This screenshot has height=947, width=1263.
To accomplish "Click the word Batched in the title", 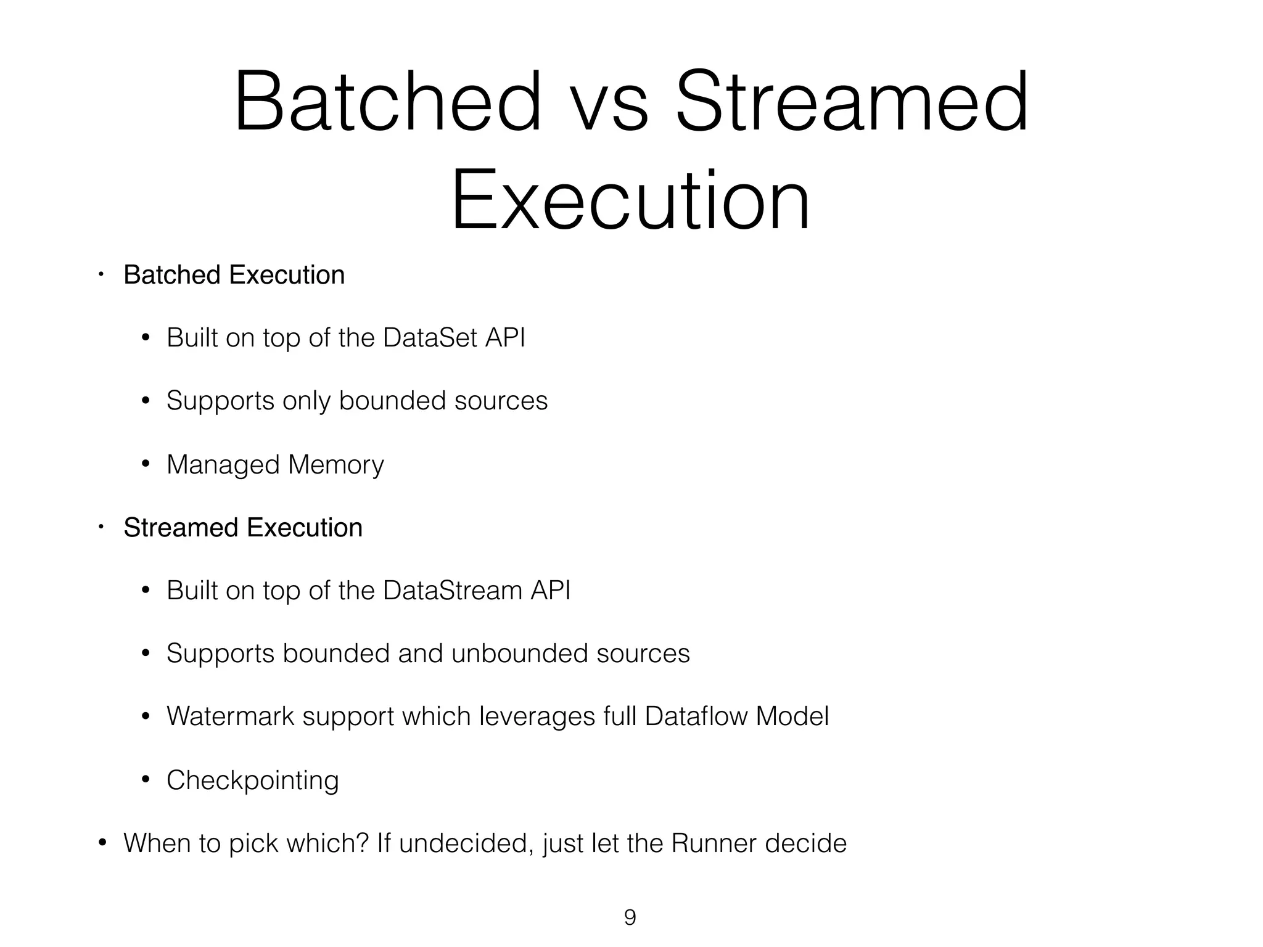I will (387, 102).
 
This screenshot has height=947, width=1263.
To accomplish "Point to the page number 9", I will (630, 917).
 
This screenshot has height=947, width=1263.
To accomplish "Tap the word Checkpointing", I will (253, 781).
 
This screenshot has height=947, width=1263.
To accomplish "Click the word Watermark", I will (230, 716).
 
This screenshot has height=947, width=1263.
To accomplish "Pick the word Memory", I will (335, 465).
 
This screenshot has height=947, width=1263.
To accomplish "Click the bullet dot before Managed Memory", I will (146, 464).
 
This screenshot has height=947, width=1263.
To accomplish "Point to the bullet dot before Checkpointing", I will (146, 779).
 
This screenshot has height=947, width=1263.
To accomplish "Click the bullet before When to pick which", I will (102, 842).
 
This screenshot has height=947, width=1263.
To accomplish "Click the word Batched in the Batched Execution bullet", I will (171, 275).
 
